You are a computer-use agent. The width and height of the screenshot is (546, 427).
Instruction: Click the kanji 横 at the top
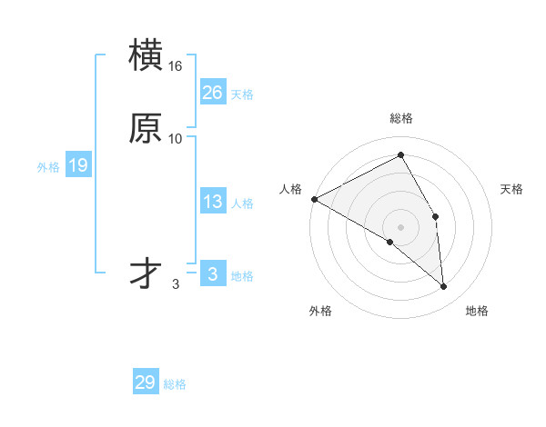[146, 56]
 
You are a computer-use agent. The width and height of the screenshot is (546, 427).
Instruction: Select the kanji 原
[146, 128]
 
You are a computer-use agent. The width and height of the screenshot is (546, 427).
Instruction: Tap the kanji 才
[146, 273]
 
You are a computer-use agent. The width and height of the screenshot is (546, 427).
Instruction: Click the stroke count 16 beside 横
[176, 66]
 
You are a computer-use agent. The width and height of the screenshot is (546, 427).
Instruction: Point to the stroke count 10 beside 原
[176, 139]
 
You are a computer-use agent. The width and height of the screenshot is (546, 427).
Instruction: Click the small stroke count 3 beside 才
[176, 284]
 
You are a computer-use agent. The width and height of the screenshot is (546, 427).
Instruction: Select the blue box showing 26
[212, 93]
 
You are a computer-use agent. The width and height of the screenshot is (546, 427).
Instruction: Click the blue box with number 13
[212, 202]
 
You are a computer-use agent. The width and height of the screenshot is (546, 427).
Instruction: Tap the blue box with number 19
[77, 165]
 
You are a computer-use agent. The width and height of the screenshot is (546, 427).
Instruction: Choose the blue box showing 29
[146, 382]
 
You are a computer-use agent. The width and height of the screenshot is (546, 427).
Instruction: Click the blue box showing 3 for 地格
[212, 274]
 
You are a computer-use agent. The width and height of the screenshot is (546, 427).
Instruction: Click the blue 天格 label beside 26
[242, 94]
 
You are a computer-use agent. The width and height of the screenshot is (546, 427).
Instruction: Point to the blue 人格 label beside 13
[242, 204]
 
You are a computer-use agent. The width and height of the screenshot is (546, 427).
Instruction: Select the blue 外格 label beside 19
[48, 167]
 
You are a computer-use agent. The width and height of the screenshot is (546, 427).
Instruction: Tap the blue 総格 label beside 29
[175, 384]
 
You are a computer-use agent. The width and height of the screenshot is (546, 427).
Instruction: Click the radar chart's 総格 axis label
[401, 118]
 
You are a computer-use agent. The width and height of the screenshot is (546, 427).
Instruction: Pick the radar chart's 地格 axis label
[477, 311]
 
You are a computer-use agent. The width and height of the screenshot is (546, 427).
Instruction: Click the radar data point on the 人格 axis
[314, 199]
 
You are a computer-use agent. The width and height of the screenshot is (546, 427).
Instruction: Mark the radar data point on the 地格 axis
[444, 287]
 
